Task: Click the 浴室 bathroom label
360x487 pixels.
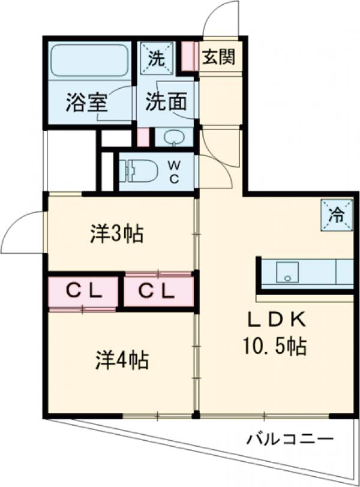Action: click(86, 103)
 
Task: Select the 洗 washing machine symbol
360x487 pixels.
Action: click(157, 58)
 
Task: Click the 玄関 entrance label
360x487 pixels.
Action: click(218, 58)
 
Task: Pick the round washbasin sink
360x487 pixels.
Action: click(175, 138)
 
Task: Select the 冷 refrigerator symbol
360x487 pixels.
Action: click(337, 214)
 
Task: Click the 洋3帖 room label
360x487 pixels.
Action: click(116, 234)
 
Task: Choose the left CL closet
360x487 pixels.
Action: click(84, 291)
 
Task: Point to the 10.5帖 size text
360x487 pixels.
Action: click(277, 346)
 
